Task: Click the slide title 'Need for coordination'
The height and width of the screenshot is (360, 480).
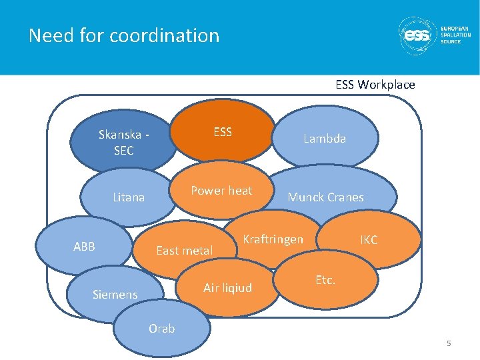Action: (x=124, y=35)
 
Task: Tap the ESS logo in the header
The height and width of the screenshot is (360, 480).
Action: (x=417, y=36)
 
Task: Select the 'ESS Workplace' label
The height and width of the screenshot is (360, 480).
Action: (x=375, y=85)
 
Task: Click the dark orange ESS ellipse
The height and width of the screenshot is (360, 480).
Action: (x=222, y=132)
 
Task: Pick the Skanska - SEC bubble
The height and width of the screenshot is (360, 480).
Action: (x=123, y=143)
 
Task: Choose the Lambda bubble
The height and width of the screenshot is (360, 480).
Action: (x=325, y=139)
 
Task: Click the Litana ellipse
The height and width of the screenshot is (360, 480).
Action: (x=129, y=197)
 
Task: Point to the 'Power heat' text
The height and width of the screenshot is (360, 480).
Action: (x=221, y=191)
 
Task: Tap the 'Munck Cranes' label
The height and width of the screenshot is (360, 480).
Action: (x=325, y=197)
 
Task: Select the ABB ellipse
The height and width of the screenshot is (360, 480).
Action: (x=84, y=247)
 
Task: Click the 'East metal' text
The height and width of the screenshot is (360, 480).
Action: (x=184, y=251)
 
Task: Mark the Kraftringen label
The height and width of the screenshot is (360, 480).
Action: (x=273, y=239)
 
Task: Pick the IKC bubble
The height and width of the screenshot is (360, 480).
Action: (x=369, y=240)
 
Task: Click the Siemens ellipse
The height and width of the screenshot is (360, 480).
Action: (x=115, y=294)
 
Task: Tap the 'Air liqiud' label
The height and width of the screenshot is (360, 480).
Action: (x=227, y=288)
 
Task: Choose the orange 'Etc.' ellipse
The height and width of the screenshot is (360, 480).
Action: (x=325, y=281)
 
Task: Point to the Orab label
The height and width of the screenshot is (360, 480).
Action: (x=161, y=329)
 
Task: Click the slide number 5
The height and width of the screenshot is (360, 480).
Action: (x=449, y=343)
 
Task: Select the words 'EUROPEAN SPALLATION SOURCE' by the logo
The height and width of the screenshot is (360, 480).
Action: (x=455, y=35)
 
